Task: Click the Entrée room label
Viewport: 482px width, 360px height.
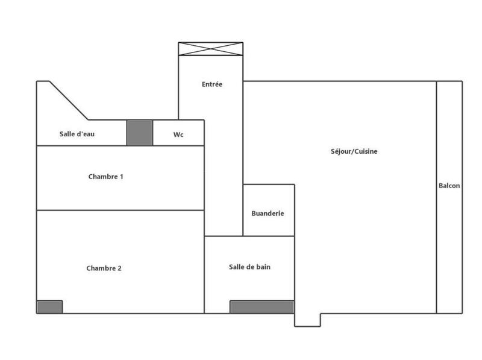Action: point(211,84)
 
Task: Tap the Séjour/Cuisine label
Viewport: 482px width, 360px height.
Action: point(354,151)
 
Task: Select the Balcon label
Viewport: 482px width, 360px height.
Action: point(449,186)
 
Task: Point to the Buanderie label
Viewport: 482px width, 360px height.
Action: point(268,213)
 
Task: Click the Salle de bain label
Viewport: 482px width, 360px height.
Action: point(249,267)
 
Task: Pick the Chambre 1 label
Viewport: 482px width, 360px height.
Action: point(105,177)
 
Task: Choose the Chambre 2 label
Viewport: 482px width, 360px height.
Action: point(104,268)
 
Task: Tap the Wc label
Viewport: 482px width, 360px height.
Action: point(178,134)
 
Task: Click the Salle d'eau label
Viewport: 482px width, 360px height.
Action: point(77,134)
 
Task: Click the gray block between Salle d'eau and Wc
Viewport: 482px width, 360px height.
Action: point(139,133)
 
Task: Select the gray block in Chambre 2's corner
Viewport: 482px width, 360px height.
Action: point(49,306)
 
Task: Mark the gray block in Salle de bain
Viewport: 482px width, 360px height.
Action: point(261,306)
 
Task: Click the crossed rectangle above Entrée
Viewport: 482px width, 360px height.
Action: point(211,49)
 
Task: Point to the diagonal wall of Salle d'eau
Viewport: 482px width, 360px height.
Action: point(68,101)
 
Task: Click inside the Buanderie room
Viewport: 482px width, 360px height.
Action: point(269,199)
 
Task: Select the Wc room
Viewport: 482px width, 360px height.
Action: point(178,127)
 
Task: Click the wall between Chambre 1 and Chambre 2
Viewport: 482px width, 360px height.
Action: point(120,210)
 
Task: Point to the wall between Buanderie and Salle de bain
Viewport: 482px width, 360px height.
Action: point(269,236)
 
